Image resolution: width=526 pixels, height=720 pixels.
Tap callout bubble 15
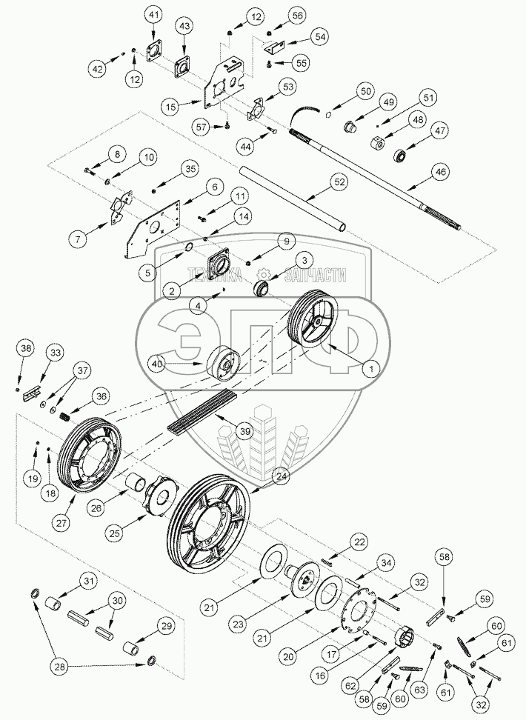(x=171, y=107)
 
